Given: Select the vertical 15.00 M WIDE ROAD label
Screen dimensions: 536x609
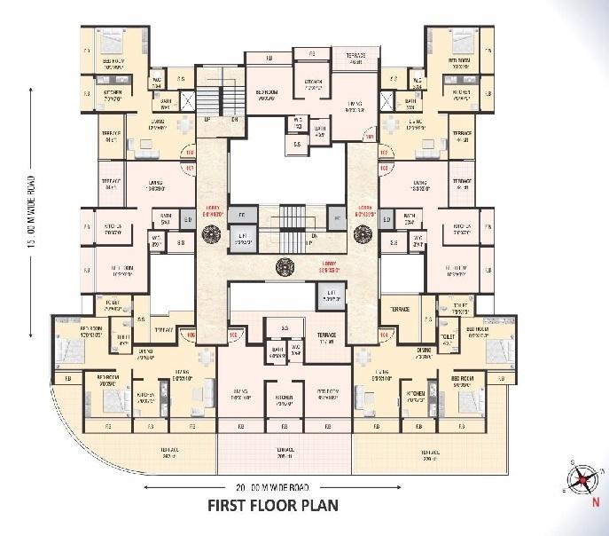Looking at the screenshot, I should coord(31,249).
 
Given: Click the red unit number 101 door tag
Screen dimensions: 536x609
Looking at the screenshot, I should coord(188,166).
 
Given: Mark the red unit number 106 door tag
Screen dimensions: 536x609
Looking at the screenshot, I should coord(189,335).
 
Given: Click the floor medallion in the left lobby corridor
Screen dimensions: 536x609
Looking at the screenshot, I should coord(211,234).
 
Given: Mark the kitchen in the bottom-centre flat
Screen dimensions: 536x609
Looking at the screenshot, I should coord(285,398).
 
